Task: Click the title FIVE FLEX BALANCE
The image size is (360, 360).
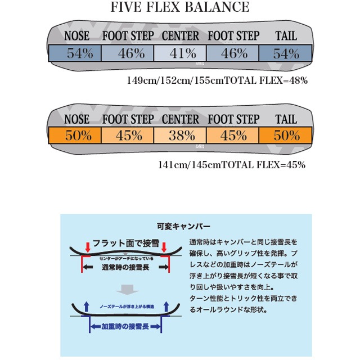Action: coord(180,7)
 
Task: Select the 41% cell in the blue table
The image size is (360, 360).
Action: coord(180,53)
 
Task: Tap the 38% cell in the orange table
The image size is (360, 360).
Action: coord(180,136)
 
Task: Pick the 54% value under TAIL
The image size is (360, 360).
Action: coord(286,53)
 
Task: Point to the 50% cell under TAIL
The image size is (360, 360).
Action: coord(286,136)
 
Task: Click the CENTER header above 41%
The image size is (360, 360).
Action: coord(180,37)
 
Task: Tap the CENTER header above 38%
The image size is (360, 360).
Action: coord(180,119)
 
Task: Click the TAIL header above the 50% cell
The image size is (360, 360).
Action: coord(286,119)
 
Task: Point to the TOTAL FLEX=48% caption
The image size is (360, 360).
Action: coord(218,80)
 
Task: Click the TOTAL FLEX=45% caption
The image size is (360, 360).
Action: coord(231,165)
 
